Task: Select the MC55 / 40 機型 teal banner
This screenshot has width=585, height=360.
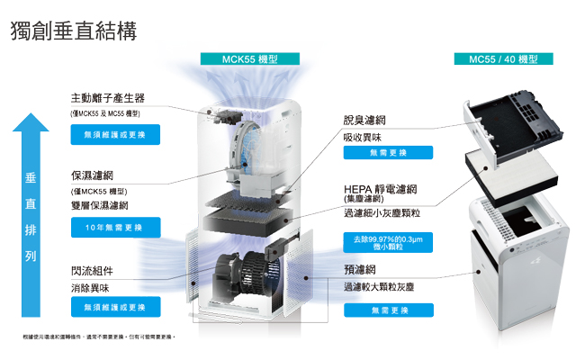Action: click(503, 59)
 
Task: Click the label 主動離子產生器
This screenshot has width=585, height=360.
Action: click(108, 97)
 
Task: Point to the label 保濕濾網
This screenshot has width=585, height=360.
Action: click(93, 175)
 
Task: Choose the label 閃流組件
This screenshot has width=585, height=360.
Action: click(93, 270)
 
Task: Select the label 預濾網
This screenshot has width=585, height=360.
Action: click(359, 269)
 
